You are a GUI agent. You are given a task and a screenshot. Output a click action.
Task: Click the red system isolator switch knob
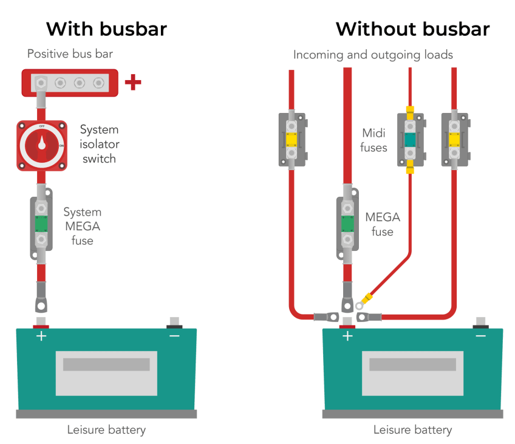tap(42, 146)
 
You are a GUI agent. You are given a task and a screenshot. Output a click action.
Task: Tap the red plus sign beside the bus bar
tap(133, 82)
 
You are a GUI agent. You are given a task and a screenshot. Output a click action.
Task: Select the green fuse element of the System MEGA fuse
tap(41, 224)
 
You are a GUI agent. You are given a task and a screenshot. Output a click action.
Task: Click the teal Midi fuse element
tap(410, 140)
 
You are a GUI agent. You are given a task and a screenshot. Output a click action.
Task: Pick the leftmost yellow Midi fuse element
tap(292, 140)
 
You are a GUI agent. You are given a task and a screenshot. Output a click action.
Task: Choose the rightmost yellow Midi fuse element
tap(454, 140)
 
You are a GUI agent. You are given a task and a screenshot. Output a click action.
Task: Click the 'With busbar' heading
tap(107, 29)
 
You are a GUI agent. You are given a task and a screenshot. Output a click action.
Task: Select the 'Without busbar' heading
tap(413, 29)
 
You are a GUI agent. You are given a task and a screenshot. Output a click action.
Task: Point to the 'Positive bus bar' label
tap(70, 54)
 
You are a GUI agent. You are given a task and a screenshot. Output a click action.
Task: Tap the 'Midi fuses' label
tap(373, 140)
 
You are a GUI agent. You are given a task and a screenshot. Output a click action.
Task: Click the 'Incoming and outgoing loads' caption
tap(373, 55)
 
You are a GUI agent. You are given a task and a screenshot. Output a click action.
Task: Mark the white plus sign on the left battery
tap(41, 336)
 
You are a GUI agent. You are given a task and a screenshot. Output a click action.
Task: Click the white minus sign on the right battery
tap(480, 336)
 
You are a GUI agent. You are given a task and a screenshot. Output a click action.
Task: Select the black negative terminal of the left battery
tap(174, 326)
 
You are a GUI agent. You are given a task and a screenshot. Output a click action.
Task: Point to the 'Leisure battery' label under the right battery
tap(413, 430)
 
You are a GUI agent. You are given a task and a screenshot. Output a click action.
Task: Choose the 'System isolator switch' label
tap(99, 144)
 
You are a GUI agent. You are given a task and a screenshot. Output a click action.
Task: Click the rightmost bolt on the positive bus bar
tap(98, 83)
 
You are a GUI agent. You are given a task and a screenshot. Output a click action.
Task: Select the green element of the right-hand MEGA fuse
tap(347, 224)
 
